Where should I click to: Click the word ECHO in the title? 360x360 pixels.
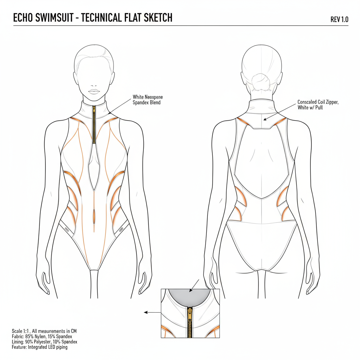pyautogui.click(x=24, y=18)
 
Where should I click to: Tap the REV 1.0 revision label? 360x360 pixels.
pyautogui.click(x=339, y=19)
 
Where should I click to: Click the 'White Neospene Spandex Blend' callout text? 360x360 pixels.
pyautogui.click(x=148, y=99)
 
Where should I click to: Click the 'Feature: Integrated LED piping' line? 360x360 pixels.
pyautogui.click(x=39, y=347)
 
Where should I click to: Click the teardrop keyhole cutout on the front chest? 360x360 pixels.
pyautogui.click(x=94, y=165)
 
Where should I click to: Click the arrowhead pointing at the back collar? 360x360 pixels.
pyautogui.click(x=265, y=119)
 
